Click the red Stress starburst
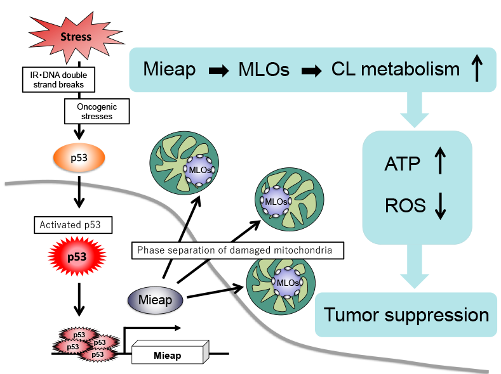click(76, 36)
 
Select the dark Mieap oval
click(156, 299)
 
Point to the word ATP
click(402, 164)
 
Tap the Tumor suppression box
click(406, 314)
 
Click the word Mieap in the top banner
click(170, 69)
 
